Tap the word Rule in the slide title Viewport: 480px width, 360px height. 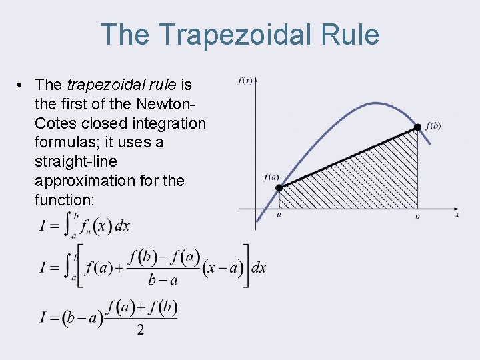[x=351, y=35]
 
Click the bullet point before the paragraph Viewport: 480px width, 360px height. [x=22, y=85]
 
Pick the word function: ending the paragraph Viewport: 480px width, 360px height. [x=64, y=200]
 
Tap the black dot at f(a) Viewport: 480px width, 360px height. [x=280, y=188]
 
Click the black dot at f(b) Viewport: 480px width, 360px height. [x=417, y=127]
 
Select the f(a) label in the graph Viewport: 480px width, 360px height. [x=271, y=177]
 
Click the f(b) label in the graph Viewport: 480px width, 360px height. [x=433, y=126]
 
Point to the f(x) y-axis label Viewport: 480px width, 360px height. [x=245, y=81]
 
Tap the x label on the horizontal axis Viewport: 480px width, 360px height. [x=457, y=215]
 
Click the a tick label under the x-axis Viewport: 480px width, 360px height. [x=279, y=215]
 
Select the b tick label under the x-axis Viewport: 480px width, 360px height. [x=417, y=215]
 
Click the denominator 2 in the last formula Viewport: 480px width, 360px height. [x=140, y=330]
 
